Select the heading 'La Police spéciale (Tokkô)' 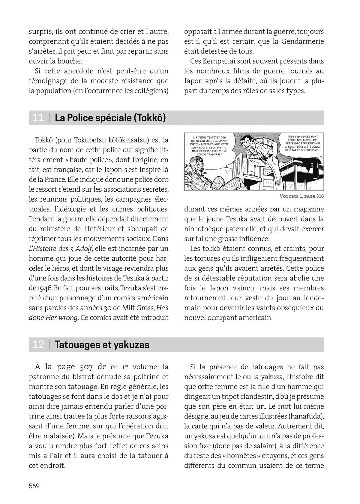click(x=110, y=118)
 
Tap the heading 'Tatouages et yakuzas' click(x=102, y=345)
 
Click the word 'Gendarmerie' click(x=303, y=41)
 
